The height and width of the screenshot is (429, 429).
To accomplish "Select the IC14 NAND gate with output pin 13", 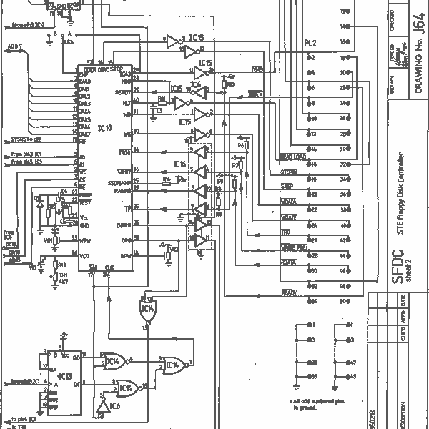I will coord(147,310).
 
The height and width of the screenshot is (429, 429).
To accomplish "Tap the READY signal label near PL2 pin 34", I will coord(289,292).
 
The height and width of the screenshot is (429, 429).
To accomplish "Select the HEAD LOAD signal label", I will coord(293,156).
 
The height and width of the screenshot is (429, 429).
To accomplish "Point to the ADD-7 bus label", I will coord(14,47).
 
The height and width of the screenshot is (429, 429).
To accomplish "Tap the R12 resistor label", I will coord(62,264).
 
